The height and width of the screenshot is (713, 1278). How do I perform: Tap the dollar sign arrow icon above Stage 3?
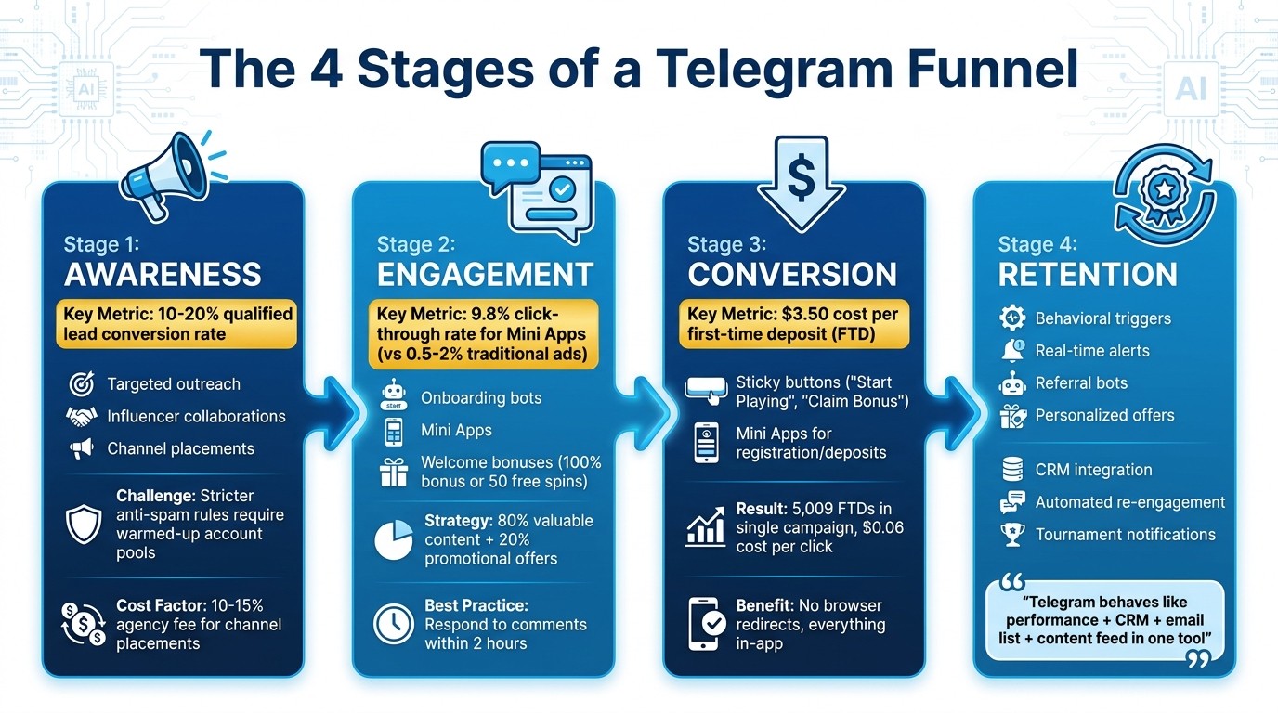click(x=800, y=180)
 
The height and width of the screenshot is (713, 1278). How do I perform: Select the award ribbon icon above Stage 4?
click(x=1163, y=194)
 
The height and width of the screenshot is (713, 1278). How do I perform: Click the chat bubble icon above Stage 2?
click(x=536, y=189)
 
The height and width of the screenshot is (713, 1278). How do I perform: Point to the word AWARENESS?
click(x=163, y=275)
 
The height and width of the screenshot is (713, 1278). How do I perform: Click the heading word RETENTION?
click(x=1088, y=275)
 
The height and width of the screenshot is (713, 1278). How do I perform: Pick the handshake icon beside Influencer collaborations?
click(x=82, y=417)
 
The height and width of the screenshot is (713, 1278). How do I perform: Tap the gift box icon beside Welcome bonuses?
click(x=394, y=473)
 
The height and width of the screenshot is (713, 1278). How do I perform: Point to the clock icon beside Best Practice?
click(x=393, y=624)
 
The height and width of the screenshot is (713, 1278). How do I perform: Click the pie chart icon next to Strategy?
click(x=393, y=539)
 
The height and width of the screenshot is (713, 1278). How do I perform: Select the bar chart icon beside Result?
click(x=705, y=528)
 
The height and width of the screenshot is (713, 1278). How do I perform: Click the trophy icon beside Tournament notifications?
click(x=1011, y=535)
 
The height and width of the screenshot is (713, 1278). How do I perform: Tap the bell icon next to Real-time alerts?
click(x=1011, y=351)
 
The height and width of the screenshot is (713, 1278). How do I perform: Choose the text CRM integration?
click(x=1093, y=471)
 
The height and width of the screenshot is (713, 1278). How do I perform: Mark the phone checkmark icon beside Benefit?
click(x=709, y=623)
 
